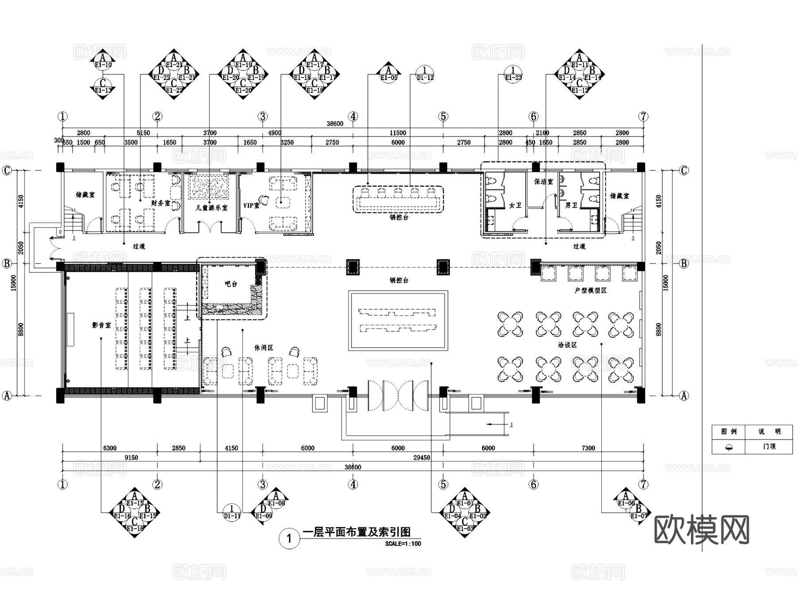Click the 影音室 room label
101,325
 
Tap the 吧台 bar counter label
231,284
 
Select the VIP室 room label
251,206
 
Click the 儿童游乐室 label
212,208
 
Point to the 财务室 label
160,203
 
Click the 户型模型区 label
590,290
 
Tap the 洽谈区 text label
567,345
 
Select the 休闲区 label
263,348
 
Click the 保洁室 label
543,181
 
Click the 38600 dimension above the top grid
335,124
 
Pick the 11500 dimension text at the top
398,133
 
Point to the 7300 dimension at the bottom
588,448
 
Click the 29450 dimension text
422,458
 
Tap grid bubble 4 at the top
353,117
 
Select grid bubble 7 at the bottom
643,484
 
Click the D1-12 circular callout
425,74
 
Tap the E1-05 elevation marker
388,74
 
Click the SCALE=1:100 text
403,544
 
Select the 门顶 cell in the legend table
769,446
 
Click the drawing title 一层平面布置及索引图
356,532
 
